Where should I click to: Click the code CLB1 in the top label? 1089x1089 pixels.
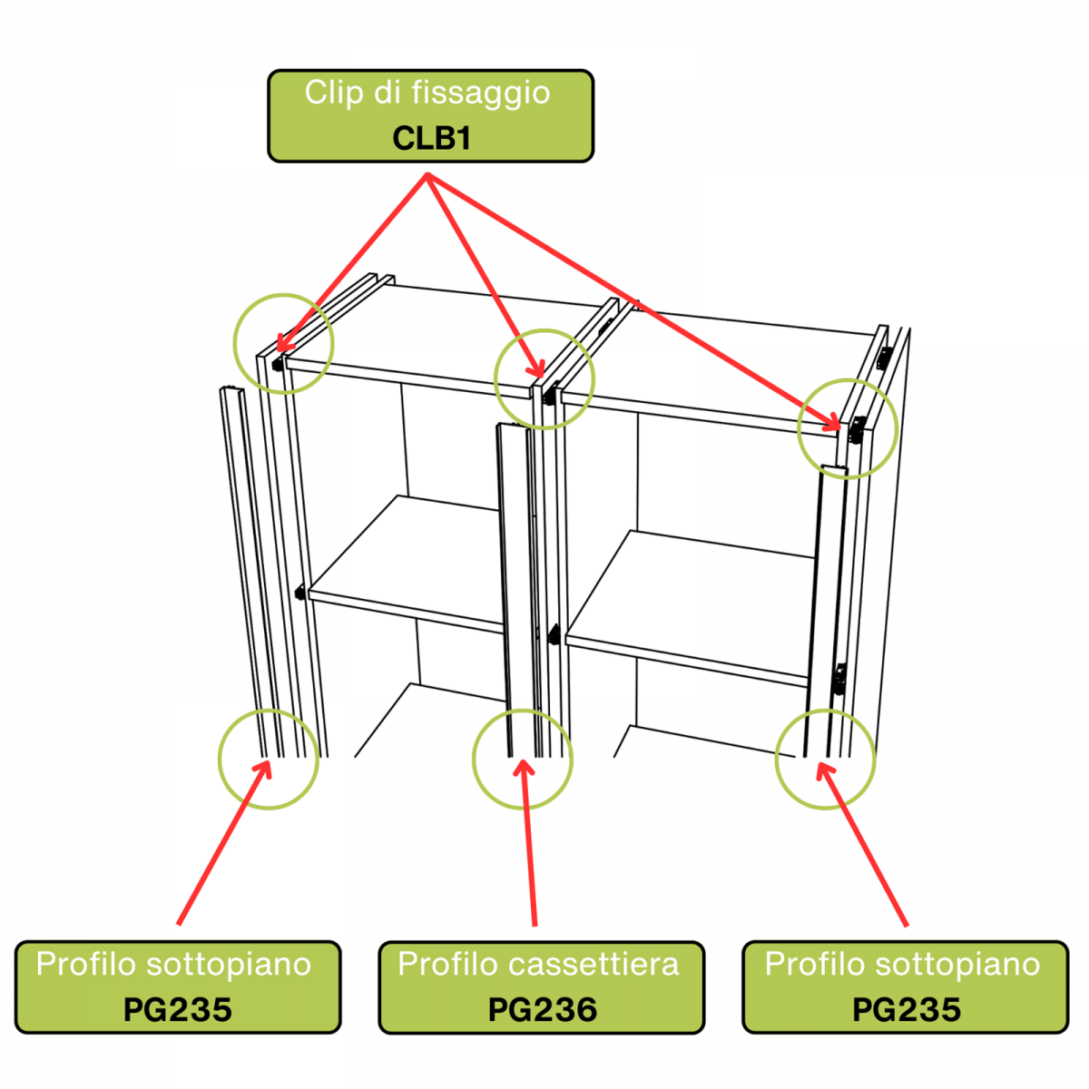[x=431, y=138]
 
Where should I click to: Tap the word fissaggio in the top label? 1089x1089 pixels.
[x=480, y=93]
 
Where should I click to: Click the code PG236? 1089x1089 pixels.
[x=542, y=1010]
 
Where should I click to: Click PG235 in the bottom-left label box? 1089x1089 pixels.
[x=178, y=1010]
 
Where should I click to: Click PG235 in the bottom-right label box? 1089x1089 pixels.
[x=906, y=1010]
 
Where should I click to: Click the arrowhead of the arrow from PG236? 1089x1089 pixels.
[x=522, y=764]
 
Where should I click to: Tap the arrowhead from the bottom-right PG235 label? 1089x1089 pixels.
[x=821, y=767]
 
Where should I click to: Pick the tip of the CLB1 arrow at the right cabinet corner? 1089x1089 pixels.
[x=838, y=426]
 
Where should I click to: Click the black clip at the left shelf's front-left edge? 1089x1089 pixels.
[x=299, y=594]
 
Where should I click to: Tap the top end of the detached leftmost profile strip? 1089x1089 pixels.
[x=231, y=390]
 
